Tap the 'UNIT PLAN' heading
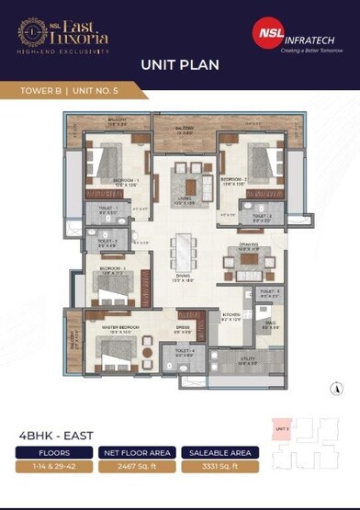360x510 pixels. (x=179, y=65)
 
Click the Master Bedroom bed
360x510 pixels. (x=112, y=347)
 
